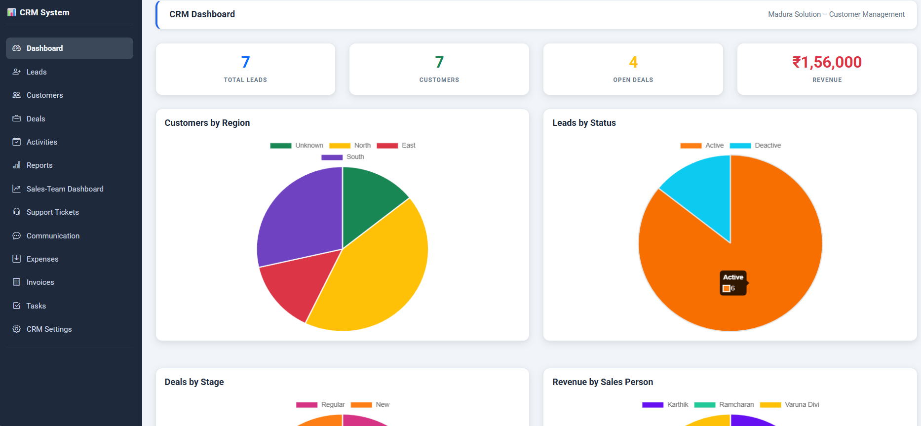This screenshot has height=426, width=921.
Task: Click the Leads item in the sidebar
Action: click(x=37, y=72)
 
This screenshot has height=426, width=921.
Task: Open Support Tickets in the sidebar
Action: click(x=52, y=212)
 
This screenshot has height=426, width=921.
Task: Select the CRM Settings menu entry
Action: click(x=49, y=329)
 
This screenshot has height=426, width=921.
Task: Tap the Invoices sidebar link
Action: click(x=40, y=282)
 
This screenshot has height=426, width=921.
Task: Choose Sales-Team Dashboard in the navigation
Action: click(x=65, y=189)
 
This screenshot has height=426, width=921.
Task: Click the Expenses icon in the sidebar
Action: click(x=17, y=259)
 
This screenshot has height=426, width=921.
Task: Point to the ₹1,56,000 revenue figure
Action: click(x=827, y=62)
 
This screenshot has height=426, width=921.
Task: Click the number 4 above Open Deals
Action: click(x=633, y=62)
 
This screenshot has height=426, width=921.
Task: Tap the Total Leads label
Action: click(x=245, y=80)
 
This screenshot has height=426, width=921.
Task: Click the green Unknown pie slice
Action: click(x=370, y=197)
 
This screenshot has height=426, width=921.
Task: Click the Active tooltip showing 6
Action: click(x=733, y=283)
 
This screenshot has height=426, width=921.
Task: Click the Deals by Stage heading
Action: click(x=194, y=382)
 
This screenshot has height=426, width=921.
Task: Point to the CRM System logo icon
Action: click(x=11, y=12)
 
